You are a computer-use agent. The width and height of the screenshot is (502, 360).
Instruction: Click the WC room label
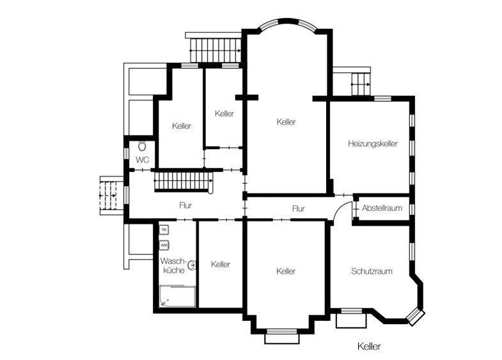[142, 160]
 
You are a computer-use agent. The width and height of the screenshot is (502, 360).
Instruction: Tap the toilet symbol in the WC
[142, 146]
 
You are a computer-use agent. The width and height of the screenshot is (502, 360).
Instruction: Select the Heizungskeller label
[373, 144]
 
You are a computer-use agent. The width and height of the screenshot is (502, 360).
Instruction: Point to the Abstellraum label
[382, 208]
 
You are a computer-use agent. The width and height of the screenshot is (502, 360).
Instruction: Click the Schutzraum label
[372, 271]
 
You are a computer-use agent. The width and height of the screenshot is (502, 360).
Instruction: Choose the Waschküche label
[173, 266]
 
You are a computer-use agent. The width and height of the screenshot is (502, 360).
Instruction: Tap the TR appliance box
[164, 230]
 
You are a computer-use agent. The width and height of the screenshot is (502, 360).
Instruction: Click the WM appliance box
[164, 244]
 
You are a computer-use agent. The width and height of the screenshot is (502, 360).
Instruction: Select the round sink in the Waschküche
[191, 263]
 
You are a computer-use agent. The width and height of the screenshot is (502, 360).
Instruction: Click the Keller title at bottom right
[370, 346]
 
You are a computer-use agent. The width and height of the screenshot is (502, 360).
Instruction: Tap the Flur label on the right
[298, 208]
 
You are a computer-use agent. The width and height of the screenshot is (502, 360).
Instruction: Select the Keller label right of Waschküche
[220, 265]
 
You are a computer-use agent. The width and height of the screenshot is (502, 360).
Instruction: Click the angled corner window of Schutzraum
[416, 316]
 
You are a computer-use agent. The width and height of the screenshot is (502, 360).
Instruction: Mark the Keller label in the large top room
[286, 121]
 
